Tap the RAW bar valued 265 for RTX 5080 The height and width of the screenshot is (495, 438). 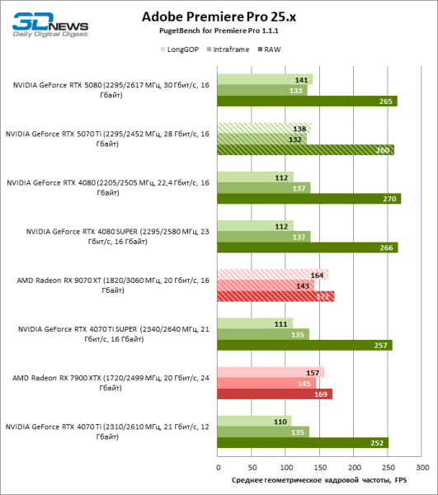pos(307,101)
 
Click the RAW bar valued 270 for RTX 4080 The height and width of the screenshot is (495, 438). pos(308,199)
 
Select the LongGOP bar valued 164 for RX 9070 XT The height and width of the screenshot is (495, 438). pos(272,275)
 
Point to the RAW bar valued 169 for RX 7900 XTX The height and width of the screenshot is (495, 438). pos(274,394)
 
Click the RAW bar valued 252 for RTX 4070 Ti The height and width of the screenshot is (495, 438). pos(302,443)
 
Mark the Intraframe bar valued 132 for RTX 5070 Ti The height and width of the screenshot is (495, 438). pos(261,139)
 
